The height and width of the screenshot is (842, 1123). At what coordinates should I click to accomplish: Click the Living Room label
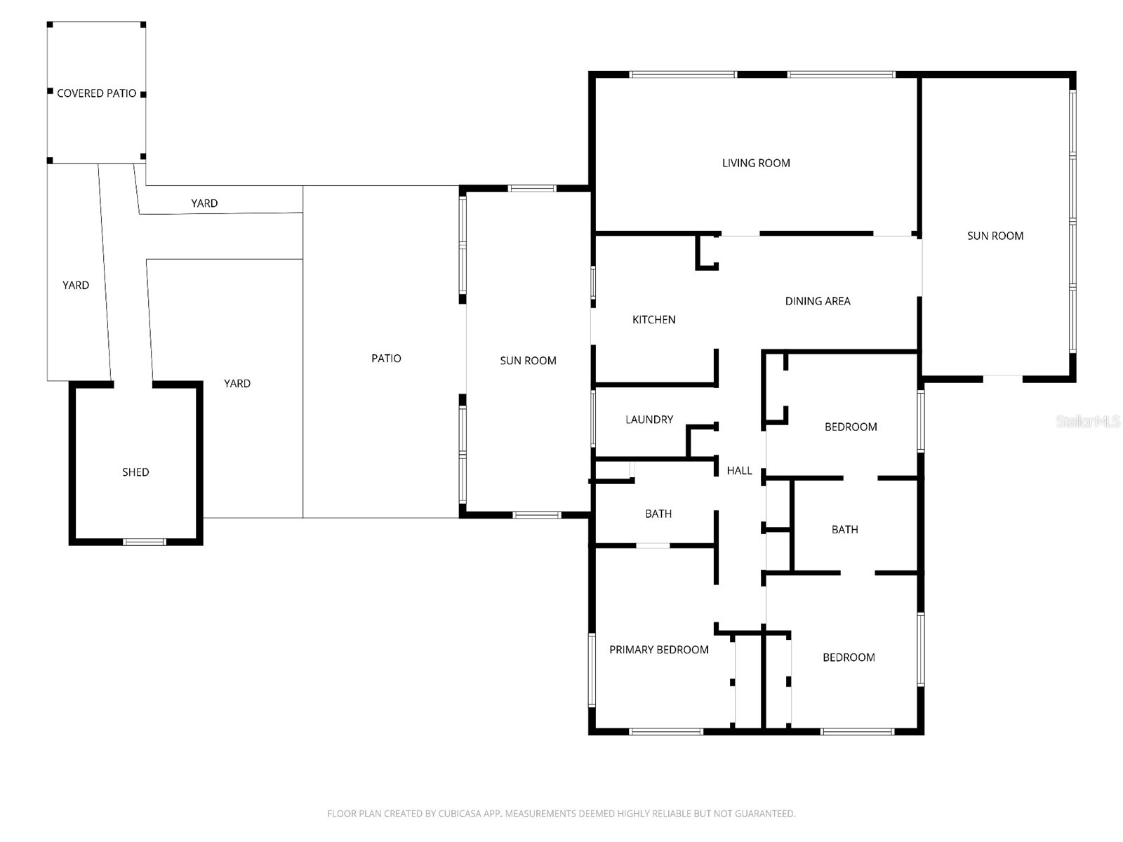(x=756, y=163)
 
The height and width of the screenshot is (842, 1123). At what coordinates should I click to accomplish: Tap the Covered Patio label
(x=96, y=93)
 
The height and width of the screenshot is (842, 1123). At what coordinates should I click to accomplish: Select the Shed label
(x=135, y=472)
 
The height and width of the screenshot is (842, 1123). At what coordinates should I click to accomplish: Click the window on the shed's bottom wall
(x=145, y=542)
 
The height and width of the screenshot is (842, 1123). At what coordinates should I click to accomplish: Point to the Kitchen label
(x=653, y=319)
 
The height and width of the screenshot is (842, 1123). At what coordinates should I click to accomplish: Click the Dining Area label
(x=817, y=301)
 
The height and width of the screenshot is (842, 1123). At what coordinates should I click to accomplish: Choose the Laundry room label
(x=649, y=420)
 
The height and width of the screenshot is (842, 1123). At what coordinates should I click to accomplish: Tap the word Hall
(x=739, y=471)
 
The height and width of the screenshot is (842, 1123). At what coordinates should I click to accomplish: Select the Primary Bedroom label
(x=658, y=650)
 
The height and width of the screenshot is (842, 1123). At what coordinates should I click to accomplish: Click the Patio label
(x=386, y=359)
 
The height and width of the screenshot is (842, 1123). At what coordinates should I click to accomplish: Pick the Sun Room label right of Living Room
(x=995, y=236)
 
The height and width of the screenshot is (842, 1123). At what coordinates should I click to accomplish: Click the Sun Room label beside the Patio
(x=528, y=361)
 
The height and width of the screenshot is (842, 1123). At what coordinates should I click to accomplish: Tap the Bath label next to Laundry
(x=658, y=514)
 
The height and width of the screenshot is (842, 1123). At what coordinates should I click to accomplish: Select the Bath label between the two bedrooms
(x=844, y=530)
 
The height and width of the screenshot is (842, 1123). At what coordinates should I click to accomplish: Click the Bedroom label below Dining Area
(x=850, y=427)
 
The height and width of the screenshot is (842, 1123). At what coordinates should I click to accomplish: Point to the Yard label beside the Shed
(x=237, y=383)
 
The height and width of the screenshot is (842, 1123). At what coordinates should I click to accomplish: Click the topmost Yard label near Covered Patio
(x=204, y=203)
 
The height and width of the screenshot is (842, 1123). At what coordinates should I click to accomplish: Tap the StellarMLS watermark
(x=1087, y=421)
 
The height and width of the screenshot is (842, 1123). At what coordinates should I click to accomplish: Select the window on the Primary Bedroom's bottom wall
(x=665, y=732)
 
